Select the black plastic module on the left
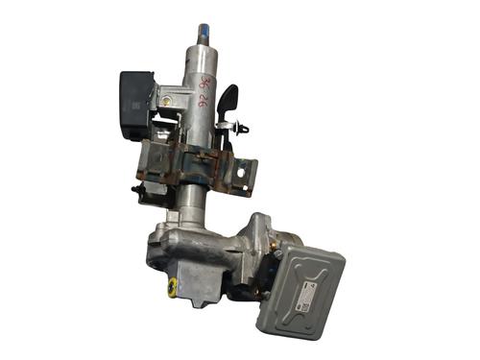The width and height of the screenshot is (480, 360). [x=135, y=100]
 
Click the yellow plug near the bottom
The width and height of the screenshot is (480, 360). [x=172, y=285]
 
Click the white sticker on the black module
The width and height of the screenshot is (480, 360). [x=135, y=105]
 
